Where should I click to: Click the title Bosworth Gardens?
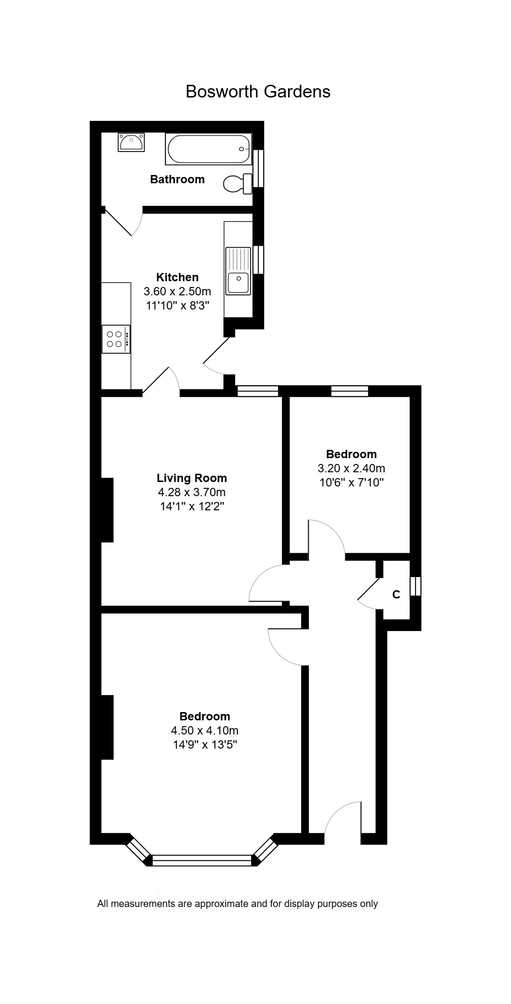[x=258, y=92]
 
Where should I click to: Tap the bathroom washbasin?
[x=131, y=142]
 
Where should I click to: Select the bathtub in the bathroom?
[x=208, y=149]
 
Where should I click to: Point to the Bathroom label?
[x=177, y=179]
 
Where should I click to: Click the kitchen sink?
[x=238, y=271]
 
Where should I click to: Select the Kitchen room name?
[x=177, y=277]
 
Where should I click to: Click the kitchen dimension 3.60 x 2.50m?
[x=177, y=291]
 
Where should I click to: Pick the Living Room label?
[x=192, y=478]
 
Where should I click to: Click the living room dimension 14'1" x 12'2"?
[x=192, y=506]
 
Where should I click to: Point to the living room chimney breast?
[x=107, y=510]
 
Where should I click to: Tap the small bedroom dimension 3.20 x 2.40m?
[x=351, y=468]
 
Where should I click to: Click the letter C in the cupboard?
[x=396, y=595]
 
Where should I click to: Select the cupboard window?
[x=415, y=586]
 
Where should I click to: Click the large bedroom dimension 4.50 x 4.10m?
[x=204, y=731]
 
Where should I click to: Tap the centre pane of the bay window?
[x=202, y=860]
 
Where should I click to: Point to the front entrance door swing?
[x=343, y=818]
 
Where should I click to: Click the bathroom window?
[x=258, y=168]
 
